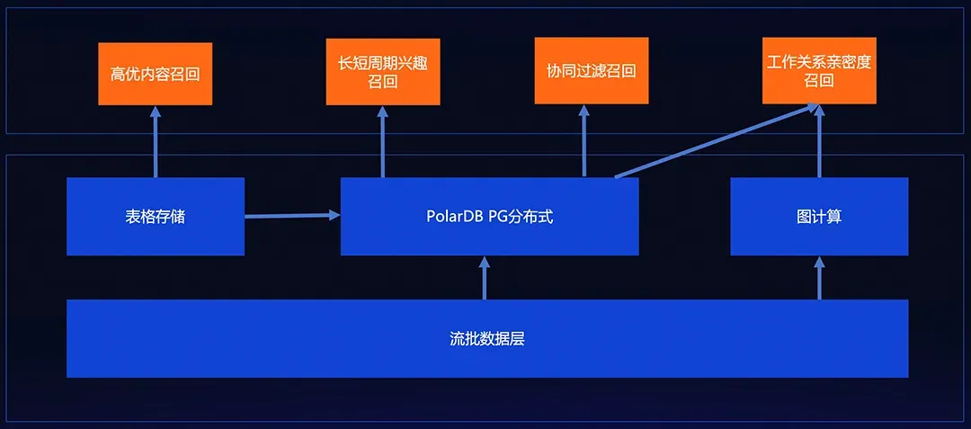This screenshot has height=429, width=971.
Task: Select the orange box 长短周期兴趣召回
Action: [382, 71]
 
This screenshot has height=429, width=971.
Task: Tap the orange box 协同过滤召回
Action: [591, 70]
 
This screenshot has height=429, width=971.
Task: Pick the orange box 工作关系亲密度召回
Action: [819, 71]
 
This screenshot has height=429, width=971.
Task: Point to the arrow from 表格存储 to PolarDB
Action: [292, 216]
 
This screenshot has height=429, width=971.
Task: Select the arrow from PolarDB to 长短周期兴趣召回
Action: [383, 141]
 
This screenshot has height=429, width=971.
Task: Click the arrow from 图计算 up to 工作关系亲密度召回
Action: [819, 141]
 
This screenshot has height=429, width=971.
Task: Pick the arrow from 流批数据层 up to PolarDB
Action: [485, 278]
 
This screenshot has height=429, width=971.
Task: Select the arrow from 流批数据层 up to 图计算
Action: [819, 278]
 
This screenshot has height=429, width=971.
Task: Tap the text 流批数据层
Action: [486, 339]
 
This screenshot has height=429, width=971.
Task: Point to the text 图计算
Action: [819, 217]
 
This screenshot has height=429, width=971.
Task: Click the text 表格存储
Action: [156, 217]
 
